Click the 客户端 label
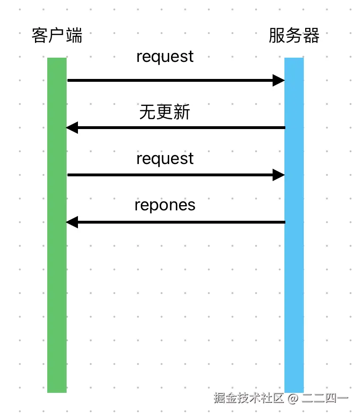[x=57, y=35]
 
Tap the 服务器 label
[x=294, y=35]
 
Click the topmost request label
[x=165, y=57]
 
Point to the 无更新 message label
[x=165, y=112]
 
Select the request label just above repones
[x=165, y=159]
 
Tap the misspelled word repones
[x=165, y=206]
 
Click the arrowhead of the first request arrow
[x=279, y=80]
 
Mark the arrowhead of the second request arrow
[x=279, y=175]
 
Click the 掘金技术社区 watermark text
[x=249, y=398]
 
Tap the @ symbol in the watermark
[x=293, y=398]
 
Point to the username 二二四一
[x=325, y=398]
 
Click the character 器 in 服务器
[x=311, y=35]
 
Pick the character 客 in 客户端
[x=40, y=35]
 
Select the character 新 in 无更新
[x=182, y=112]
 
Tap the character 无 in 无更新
[x=148, y=112]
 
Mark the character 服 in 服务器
[x=277, y=35]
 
